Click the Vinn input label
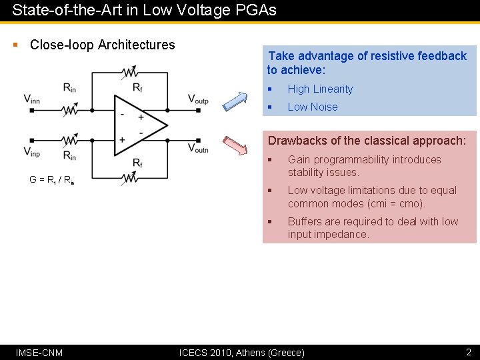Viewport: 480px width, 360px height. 32,99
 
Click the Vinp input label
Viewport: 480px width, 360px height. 32,152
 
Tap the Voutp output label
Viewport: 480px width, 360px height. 198,99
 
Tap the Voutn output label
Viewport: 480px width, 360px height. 198,148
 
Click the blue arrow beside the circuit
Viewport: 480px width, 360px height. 234,99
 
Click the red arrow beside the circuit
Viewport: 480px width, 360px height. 234,145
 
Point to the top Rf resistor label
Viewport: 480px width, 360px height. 137,87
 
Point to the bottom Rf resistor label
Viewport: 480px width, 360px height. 137,163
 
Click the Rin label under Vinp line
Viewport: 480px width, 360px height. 69,155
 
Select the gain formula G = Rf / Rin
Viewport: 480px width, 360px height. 51,179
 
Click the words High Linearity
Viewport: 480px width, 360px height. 320,89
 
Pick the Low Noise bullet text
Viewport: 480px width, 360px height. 312,107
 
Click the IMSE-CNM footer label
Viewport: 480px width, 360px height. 39,352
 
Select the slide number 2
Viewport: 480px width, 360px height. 468,352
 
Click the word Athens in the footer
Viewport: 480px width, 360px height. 250,352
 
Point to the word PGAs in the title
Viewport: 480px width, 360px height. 256,11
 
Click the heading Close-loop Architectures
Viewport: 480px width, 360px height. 103,45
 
